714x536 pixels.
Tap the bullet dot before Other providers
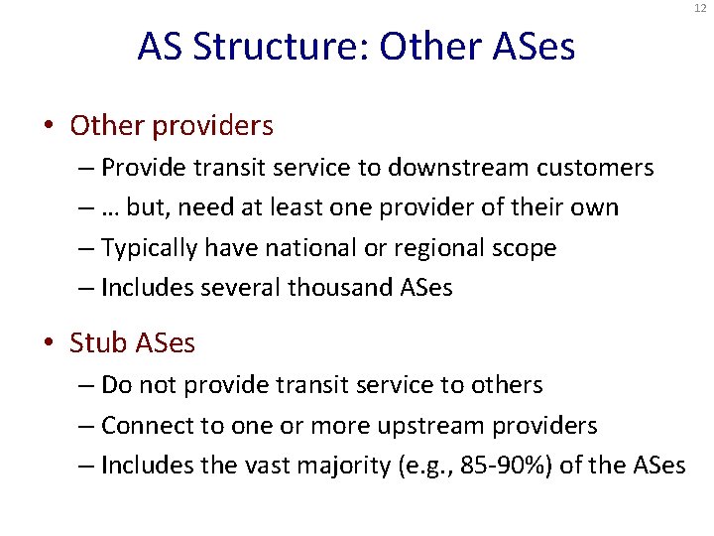point(50,127)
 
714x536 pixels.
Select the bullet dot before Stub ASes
point(50,343)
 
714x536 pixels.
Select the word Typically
point(147,248)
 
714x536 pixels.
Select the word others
point(506,384)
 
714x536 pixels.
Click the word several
point(233,289)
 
